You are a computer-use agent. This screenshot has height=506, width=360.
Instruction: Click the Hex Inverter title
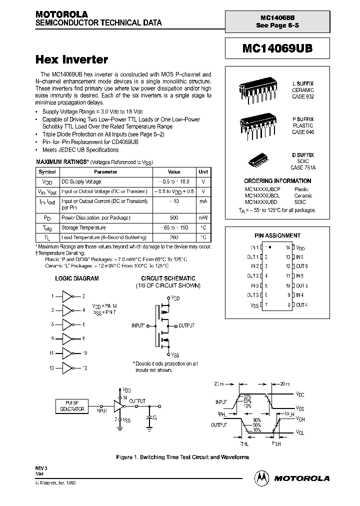[x=71, y=59]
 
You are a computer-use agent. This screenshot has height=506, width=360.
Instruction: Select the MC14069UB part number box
[x=277, y=49]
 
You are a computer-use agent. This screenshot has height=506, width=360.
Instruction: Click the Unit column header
[x=203, y=171]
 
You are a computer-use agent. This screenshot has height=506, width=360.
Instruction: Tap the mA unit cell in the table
[x=203, y=201]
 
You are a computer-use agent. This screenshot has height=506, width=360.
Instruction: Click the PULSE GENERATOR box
[x=72, y=406]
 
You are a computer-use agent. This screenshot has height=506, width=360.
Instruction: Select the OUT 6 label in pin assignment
[x=301, y=266]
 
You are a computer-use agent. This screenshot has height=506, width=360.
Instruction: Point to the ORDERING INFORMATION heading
[x=277, y=180]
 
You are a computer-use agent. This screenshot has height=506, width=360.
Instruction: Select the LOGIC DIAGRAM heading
[x=76, y=278]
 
